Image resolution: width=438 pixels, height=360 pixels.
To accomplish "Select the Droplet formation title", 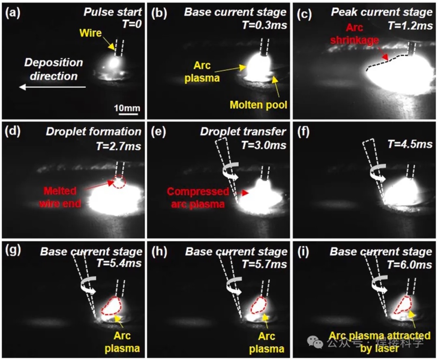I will (x=94, y=132).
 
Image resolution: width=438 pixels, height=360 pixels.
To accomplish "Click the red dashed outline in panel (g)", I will (x=113, y=306).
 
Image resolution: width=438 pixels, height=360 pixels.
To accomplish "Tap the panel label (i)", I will (x=303, y=252).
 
